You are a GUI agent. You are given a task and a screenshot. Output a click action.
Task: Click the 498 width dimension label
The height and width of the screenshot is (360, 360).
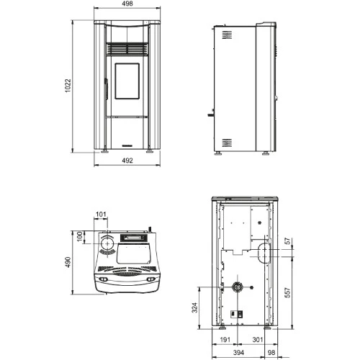[127, 4]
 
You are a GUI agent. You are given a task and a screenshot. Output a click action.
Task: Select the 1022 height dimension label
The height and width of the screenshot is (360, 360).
[68, 86]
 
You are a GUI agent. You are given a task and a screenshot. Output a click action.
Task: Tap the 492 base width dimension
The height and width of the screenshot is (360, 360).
[127, 161]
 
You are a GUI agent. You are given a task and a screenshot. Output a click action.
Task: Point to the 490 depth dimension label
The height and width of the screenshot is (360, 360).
[68, 262]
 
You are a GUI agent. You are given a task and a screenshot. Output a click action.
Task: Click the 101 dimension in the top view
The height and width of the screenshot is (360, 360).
[101, 214]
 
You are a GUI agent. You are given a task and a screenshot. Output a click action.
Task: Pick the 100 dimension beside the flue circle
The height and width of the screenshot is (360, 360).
[80, 236]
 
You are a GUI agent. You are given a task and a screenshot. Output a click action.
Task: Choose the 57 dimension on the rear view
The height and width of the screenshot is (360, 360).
[287, 241]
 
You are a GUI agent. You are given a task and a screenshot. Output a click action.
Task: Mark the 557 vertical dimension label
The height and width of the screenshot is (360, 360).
[287, 292]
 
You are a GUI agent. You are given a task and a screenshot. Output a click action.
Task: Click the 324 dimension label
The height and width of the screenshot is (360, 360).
[195, 307]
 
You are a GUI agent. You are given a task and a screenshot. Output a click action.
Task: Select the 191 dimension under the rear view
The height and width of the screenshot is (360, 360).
[225, 340]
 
